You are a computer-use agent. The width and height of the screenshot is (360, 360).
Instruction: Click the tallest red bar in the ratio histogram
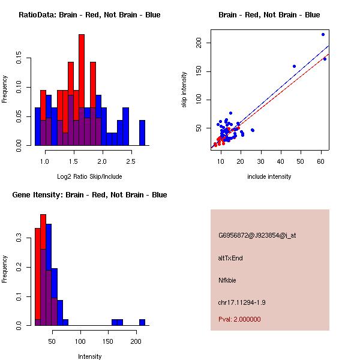click(x=82, y=90)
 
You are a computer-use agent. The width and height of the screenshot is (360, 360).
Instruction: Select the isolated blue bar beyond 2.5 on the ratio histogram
click(x=142, y=133)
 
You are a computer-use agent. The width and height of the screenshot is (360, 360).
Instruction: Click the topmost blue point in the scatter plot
click(x=323, y=34)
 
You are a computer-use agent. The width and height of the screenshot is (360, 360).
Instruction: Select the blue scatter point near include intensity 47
click(x=294, y=66)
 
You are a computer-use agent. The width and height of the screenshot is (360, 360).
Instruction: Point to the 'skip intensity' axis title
click(x=184, y=90)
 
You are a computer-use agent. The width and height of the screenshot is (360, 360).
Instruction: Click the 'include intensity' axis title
click(x=269, y=176)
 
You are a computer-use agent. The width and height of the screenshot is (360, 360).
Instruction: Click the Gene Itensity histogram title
click(x=89, y=195)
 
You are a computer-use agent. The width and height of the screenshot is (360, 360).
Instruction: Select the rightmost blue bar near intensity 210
click(x=142, y=322)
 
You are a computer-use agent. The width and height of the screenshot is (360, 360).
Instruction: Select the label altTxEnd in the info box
click(x=230, y=258)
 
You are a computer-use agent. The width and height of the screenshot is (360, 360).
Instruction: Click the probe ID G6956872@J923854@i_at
click(x=257, y=235)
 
